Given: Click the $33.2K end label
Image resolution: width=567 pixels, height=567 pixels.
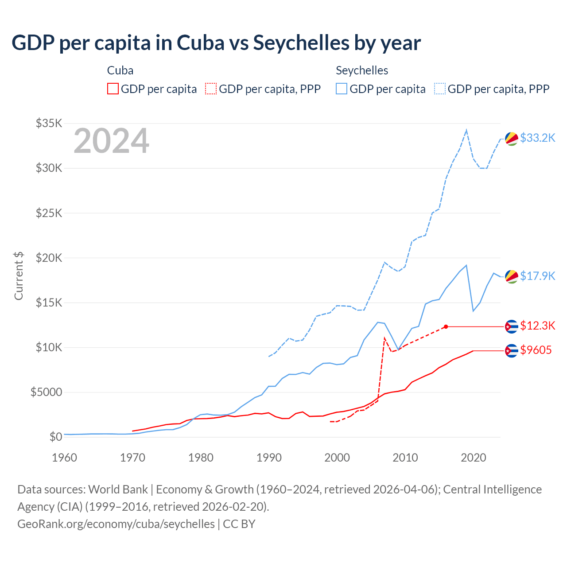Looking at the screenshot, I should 537,138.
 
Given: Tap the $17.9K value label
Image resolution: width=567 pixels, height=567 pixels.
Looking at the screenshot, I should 537,276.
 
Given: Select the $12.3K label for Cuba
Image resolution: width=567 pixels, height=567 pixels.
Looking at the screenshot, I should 537,326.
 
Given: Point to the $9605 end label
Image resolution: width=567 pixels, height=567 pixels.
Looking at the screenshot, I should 536,350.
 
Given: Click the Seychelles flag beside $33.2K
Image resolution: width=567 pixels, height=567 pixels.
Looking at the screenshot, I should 512,139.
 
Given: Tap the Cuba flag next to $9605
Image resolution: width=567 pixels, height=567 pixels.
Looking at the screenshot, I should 512,351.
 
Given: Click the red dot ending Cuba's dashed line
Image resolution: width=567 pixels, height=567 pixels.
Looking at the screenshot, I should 446,326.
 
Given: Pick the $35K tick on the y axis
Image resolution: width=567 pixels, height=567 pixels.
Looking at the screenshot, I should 49,123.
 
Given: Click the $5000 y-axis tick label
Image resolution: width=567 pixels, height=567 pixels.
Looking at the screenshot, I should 46,392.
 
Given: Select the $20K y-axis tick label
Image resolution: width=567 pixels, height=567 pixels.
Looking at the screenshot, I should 49,258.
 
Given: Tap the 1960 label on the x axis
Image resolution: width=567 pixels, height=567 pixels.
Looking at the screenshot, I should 65,458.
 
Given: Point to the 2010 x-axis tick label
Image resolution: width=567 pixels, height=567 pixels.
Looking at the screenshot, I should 405,458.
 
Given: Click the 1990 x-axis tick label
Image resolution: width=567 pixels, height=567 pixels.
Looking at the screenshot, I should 269,458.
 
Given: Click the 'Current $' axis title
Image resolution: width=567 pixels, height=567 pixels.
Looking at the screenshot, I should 19,276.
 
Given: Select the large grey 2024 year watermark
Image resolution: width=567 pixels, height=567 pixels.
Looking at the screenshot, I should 111,141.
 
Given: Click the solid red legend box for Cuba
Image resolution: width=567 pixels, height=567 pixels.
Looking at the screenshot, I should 113,89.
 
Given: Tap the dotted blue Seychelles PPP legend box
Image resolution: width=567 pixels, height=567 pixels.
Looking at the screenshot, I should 440,89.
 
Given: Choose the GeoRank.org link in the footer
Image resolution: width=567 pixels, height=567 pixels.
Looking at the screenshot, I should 116,524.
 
